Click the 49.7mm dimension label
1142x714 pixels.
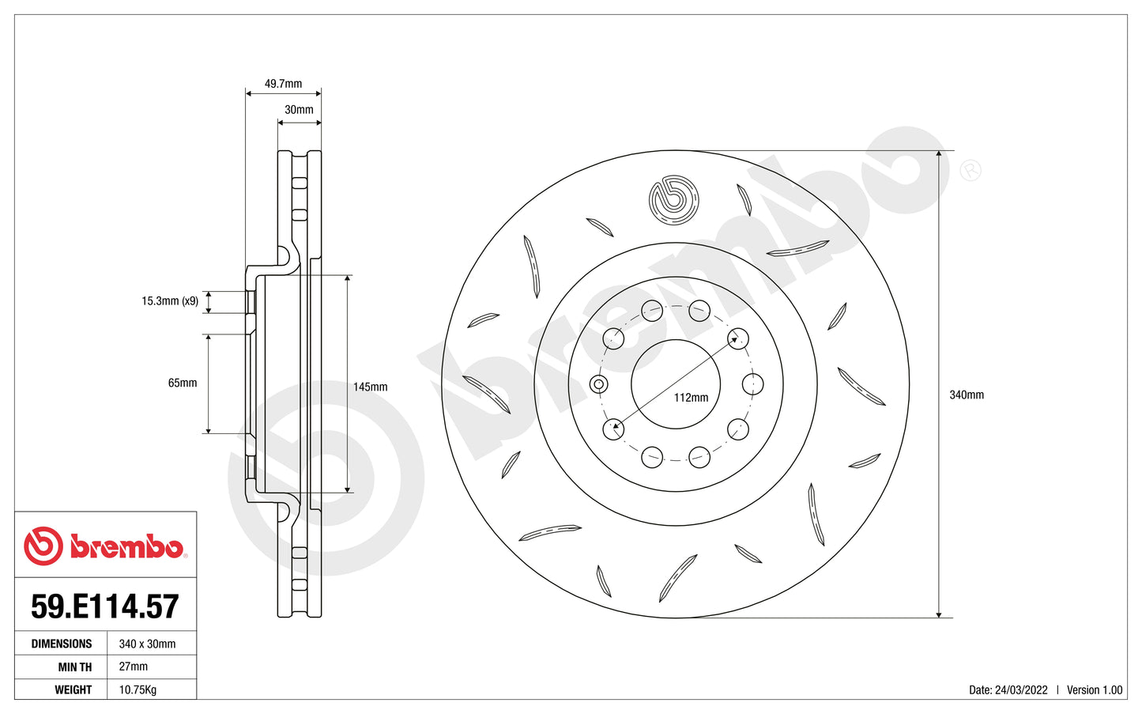283,84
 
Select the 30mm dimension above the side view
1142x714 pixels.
299,110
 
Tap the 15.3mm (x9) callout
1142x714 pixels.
170,301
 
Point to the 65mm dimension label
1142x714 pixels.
183,383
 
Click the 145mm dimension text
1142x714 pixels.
370,387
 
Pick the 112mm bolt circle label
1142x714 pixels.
691,398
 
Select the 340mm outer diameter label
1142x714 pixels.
966,395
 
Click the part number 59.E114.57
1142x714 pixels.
105,606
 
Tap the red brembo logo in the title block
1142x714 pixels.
104,546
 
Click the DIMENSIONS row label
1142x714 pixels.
62,644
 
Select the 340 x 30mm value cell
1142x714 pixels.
147,644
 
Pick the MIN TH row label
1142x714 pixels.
74,667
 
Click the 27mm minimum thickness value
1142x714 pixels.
133,667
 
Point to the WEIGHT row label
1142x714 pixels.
73,690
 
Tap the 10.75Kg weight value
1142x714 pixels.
138,690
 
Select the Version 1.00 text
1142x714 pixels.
1094,690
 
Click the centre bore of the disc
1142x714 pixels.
676,372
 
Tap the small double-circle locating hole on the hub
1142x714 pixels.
599,385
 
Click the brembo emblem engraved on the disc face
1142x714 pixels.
674,199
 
